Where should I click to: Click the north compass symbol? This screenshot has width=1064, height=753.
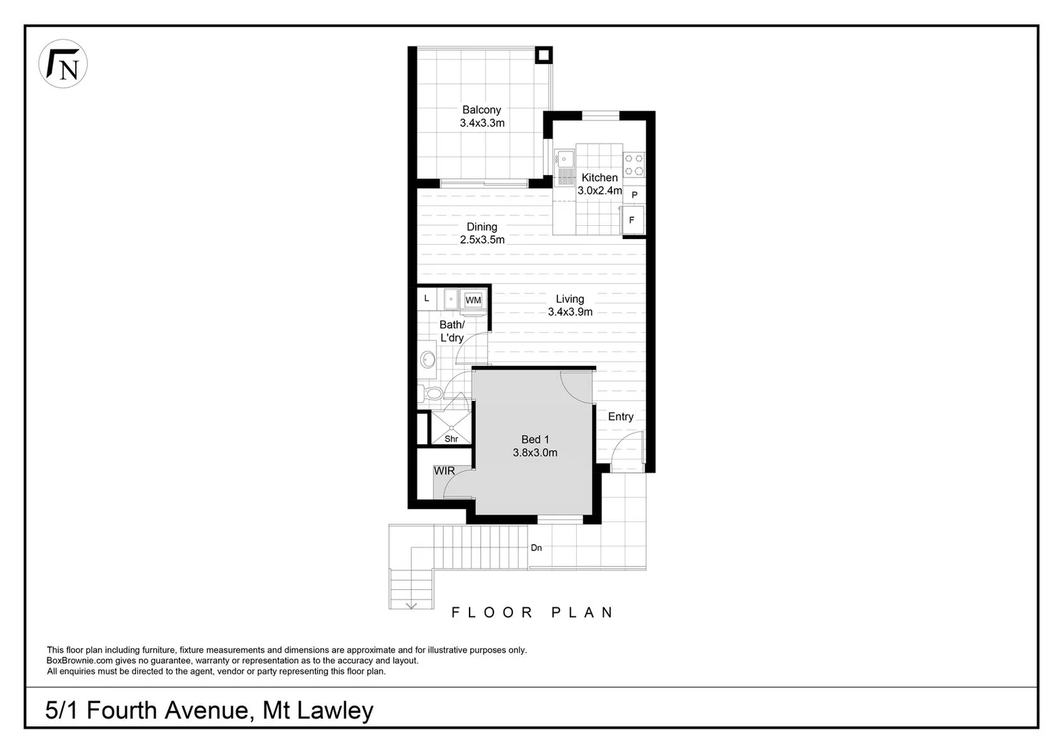(x=63, y=63)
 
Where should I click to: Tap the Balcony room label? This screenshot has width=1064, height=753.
(x=481, y=110)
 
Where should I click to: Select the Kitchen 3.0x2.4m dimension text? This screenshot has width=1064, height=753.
(x=599, y=190)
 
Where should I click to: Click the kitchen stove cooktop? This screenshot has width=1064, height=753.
(x=634, y=165)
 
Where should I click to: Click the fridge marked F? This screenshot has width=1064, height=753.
(x=633, y=220)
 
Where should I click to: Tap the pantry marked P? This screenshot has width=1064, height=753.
(x=634, y=195)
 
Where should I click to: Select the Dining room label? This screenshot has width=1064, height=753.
(x=481, y=227)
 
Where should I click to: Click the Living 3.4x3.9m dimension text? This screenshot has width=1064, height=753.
(x=570, y=312)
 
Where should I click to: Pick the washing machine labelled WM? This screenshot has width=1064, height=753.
(x=473, y=300)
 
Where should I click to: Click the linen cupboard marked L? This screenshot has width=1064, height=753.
(x=427, y=298)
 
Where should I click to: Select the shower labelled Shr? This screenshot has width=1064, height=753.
(x=451, y=429)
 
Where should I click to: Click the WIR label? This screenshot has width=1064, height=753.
(x=445, y=471)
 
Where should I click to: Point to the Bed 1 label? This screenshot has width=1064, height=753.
(x=535, y=439)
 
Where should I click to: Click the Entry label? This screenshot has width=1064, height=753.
(x=620, y=416)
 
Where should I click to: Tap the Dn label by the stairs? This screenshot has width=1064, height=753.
(x=536, y=548)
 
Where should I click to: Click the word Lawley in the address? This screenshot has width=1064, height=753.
(x=335, y=710)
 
